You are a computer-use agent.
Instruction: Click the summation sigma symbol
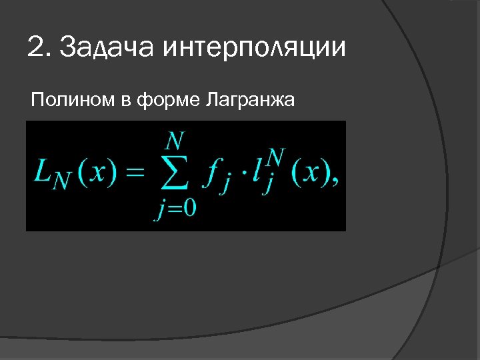[175, 177]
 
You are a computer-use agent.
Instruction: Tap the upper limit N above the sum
[175, 141]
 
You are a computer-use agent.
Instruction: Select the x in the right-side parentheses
[310, 175]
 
